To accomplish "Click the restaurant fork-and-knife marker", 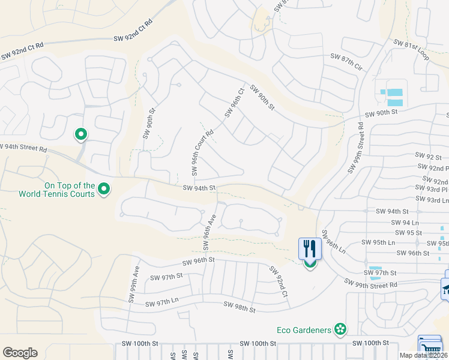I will (310, 248).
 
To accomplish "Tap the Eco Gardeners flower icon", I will (341, 329).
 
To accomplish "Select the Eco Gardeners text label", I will (304, 329).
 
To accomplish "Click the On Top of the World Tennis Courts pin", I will (104, 190).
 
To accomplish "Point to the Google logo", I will (20, 353).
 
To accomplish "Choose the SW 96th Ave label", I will (209, 230).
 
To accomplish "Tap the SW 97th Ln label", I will (162, 299).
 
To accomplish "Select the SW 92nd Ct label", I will (279, 283).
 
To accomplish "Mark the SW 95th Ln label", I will (379, 242).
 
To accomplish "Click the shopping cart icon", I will (429, 346).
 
